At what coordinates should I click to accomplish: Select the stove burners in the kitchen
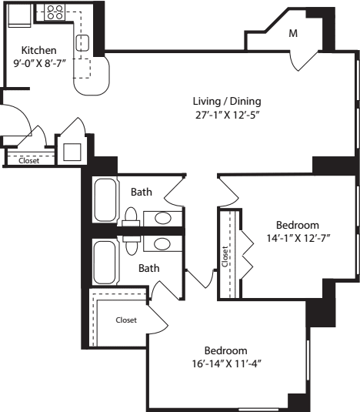55,12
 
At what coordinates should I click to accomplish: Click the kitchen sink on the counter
82,42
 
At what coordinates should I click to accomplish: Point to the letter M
293,34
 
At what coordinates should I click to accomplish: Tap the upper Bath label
141,192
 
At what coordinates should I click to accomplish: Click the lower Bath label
148,268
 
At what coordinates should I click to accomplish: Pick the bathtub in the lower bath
104,263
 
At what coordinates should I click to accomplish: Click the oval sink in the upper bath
162,219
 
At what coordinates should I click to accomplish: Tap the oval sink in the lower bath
162,244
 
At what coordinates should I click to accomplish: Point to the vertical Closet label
225,256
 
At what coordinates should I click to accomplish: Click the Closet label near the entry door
29,161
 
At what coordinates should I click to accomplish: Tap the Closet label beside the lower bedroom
126,320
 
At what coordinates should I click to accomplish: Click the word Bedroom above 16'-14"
225,350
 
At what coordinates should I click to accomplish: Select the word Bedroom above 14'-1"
297,225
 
